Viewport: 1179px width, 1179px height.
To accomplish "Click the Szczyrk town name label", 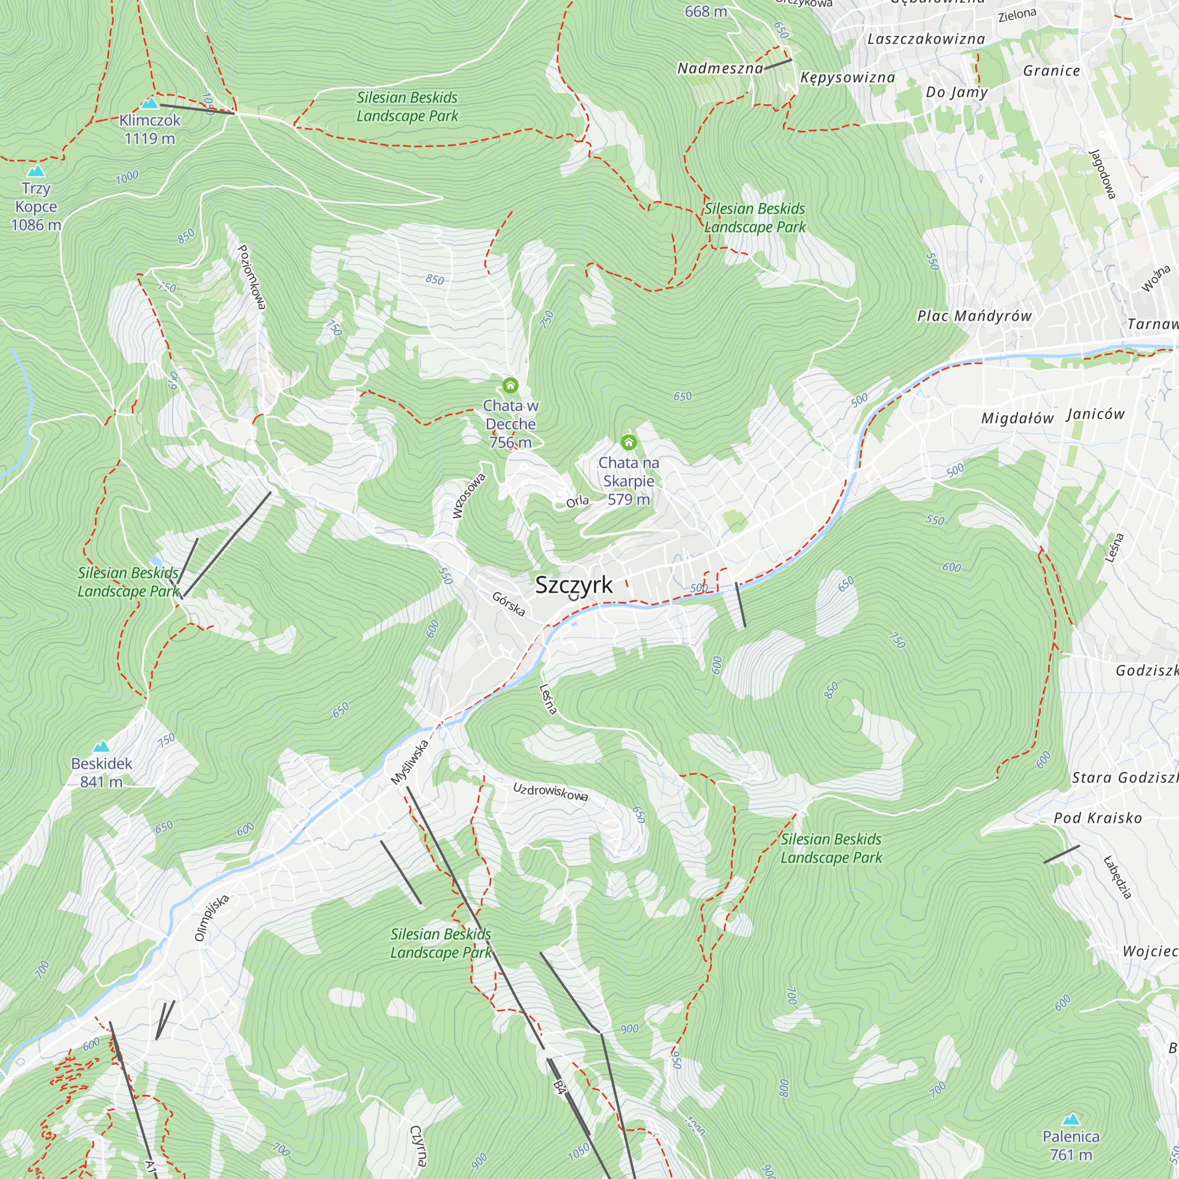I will tap(574, 585).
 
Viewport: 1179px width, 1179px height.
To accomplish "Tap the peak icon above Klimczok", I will tap(150, 103).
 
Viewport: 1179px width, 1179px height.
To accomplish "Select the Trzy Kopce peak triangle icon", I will tap(36, 171).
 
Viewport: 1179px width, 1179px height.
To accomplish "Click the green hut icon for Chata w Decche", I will tap(510, 385).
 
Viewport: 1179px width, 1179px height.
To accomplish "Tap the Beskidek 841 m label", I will tap(101, 773).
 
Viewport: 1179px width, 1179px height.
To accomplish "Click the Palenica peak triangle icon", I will tap(1071, 1119).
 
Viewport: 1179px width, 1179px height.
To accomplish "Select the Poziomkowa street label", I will tap(252, 277).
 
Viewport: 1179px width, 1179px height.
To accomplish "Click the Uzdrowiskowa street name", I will tap(551, 792).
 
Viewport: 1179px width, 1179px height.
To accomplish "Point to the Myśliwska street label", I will tap(410, 763).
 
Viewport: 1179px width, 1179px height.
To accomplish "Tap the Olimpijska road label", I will tap(211, 918).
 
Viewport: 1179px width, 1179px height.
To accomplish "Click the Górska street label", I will tap(508, 604).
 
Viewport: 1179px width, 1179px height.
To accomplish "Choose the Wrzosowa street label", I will tap(468, 496).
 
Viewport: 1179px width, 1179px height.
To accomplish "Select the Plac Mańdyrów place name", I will tap(974, 316).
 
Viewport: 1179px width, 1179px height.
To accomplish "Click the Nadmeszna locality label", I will tap(720, 68).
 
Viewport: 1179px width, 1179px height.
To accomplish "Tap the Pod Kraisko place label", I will tap(1097, 818).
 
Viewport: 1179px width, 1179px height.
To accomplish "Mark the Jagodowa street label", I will tap(1103, 174).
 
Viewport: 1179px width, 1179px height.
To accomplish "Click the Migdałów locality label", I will tap(1017, 419).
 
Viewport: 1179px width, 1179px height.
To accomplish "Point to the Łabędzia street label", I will tap(1118, 877).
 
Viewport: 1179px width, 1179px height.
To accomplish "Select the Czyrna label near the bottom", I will tap(417, 1145).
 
